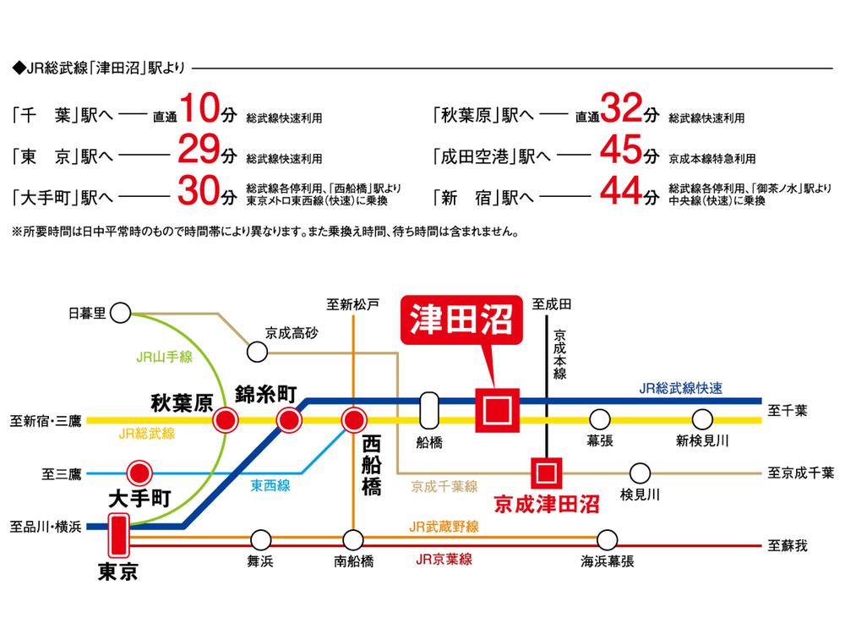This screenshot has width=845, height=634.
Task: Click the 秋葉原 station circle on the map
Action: click(x=225, y=419)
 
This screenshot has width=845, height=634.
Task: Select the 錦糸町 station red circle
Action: click(x=289, y=419)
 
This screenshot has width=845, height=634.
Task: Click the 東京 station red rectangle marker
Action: click(x=117, y=535)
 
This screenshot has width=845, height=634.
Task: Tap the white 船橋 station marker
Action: click(x=429, y=412)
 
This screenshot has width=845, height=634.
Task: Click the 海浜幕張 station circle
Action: click(x=607, y=539)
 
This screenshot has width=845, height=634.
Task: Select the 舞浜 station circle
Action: click(x=261, y=539)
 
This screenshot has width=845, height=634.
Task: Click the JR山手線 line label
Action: click(x=164, y=356)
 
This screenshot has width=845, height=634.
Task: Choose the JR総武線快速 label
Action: click(x=680, y=388)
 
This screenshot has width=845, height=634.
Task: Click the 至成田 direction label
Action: click(x=553, y=302)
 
